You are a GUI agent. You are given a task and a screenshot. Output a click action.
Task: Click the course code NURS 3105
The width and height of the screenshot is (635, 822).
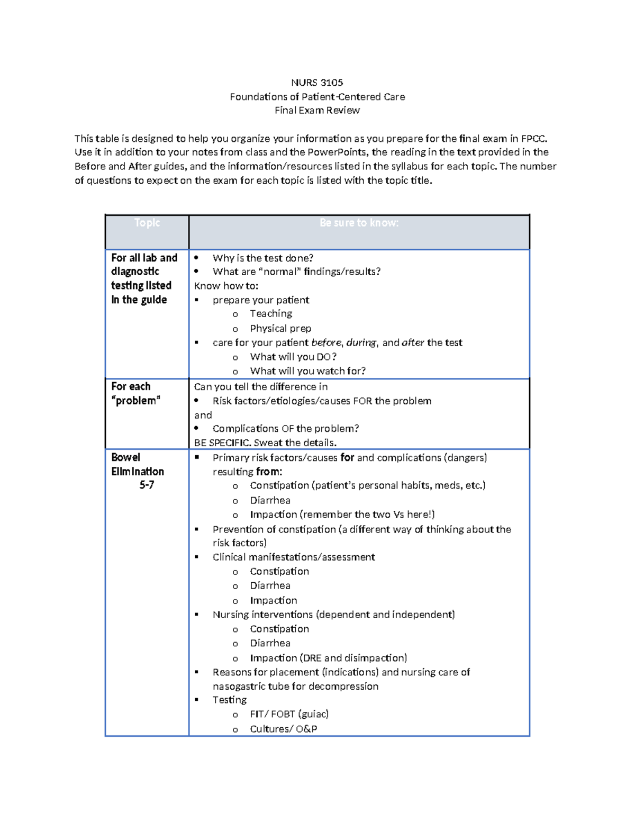pyautogui.click(x=317, y=83)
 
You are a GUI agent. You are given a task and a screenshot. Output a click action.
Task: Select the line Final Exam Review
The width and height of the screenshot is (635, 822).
pyautogui.click(x=317, y=111)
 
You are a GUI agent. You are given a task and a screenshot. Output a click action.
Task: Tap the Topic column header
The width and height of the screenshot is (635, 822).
pyautogui.click(x=147, y=223)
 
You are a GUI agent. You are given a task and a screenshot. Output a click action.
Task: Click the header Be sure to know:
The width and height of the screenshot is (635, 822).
pyautogui.click(x=359, y=223)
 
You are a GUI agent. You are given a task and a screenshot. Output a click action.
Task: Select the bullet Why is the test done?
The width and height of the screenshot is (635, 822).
pyautogui.click(x=262, y=258)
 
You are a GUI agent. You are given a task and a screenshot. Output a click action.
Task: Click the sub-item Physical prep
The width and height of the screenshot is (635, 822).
pyautogui.click(x=280, y=329)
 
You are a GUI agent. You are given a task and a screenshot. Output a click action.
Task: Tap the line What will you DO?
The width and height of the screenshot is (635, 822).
pyautogui.click(x=293, y=357)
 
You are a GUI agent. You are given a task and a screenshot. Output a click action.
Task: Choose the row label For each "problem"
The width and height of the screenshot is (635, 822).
pyautogui.click(x=135, y=394)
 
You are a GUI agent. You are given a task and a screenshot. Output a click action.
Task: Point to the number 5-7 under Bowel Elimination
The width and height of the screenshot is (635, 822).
pyautogui.click(x=147, y=485)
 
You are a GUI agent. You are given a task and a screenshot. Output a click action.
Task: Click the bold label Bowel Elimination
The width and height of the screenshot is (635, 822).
pyautogui.click(x=137, y=464)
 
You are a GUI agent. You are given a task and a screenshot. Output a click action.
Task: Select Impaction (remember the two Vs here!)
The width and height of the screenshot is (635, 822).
pyautogui.click(x=342, y=514)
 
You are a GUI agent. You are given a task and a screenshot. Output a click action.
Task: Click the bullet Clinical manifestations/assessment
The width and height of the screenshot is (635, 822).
pyautogui.click(x=294, y=557)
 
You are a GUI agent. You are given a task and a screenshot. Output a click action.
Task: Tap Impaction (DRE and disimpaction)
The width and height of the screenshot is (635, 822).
pyautogui.click(x=328, y=658)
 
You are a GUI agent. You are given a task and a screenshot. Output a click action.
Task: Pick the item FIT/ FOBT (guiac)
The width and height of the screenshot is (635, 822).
pyautogui.click(x=289, y=714)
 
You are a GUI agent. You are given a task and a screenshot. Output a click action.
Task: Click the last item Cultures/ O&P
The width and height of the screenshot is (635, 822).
pyautogui.click(x=283, y=729)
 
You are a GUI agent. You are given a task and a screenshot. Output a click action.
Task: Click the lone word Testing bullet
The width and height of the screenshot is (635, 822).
pyautogui.click(x=230, y=700)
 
